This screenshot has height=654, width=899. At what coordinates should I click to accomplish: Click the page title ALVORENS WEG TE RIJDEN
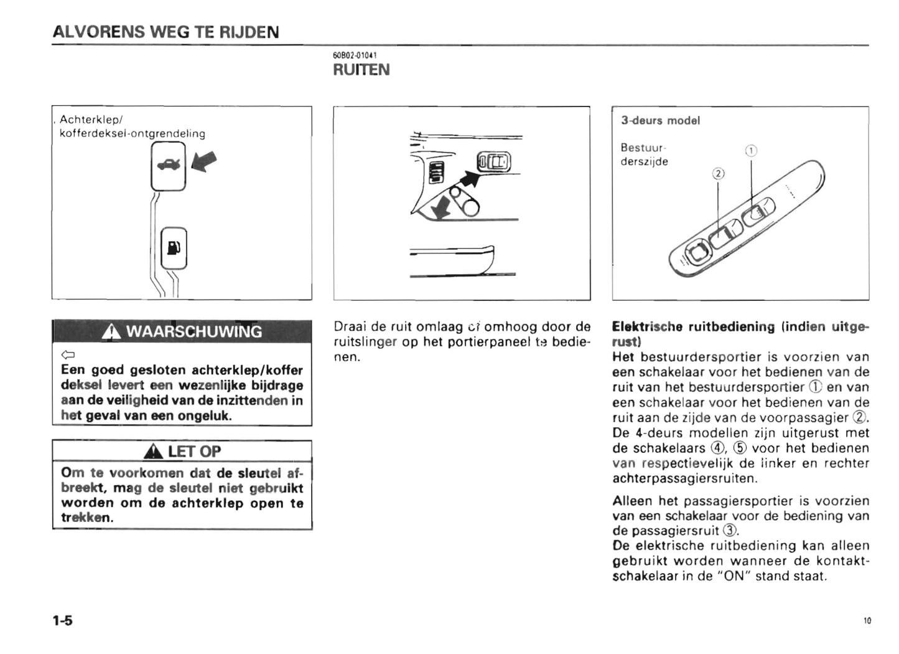pyautogui.click(x=165, y=32)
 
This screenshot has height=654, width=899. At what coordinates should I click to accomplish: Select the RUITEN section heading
pyautogui.click(x=361, y=70)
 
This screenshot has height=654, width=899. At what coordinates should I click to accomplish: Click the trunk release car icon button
pyautogui.click(x=168, y=166)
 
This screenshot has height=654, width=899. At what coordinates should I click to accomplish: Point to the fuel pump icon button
pyautogui.click(x=174, y=248)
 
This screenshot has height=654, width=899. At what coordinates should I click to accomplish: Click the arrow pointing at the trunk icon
pyautogui.click(x=205, y=161)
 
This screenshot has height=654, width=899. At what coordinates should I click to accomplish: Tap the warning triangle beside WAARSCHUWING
pyautogui.click(x=112, y=332)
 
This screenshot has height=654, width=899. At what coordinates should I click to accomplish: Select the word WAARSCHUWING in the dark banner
pyautogui.click(x=194, y=331)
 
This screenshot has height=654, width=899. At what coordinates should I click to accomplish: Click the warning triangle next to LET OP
pyautogui.click(x=154, y=452)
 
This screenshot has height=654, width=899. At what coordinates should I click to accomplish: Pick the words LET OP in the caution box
pyautogui.click(x=194, y=451)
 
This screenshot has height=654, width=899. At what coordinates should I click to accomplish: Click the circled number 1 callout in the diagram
pyautogui.click(x=751, y=151)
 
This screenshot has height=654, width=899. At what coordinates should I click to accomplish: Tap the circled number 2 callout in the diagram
pyautogui.click(x=719, y=174)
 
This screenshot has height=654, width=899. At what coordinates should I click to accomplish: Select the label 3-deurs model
pyautogui.click(x=660, y=120)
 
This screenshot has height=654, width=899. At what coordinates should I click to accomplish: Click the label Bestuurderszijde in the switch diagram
pyautogui.click(x=644, y=154)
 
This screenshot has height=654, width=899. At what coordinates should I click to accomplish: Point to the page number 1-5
pyautogui.click(x=62, y=620)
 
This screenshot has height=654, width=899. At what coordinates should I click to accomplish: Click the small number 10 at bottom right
pyautogui.click(x=867, y=620)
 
